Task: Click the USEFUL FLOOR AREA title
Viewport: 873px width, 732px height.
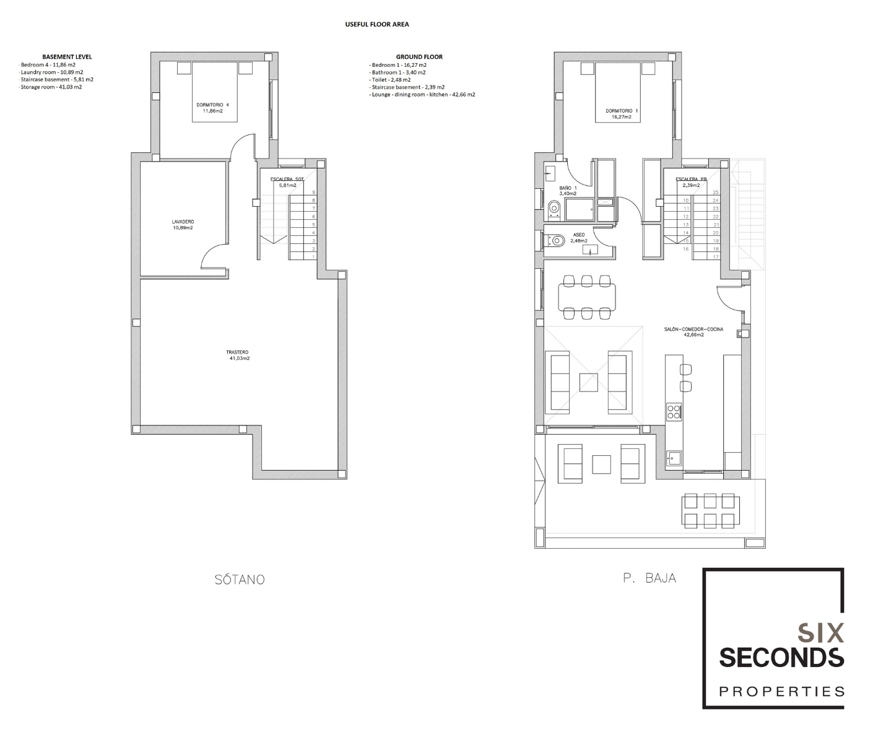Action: [376, 24]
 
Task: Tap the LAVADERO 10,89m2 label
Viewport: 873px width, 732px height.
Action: [183, 225]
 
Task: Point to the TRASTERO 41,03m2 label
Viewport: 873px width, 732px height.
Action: [238, 355]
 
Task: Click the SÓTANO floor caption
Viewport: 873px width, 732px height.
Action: [240, 579]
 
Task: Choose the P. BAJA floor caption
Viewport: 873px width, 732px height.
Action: [649, 578]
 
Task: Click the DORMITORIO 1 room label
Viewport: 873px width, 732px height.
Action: [622, 114]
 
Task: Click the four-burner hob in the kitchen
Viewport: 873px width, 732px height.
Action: [674, 411]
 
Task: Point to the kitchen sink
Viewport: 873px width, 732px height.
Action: [674, 458]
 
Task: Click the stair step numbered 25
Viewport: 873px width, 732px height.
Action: [715, 193]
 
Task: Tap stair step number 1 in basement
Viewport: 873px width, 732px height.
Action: [313, 257]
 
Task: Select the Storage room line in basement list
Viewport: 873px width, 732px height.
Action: [51, 87]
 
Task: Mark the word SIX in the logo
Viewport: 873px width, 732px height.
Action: [821, 634]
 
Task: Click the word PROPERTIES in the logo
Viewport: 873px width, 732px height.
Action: [781, 691]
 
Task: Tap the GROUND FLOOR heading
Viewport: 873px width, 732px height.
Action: [419, 57]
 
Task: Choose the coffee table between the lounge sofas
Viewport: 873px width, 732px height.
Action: [588, 383]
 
